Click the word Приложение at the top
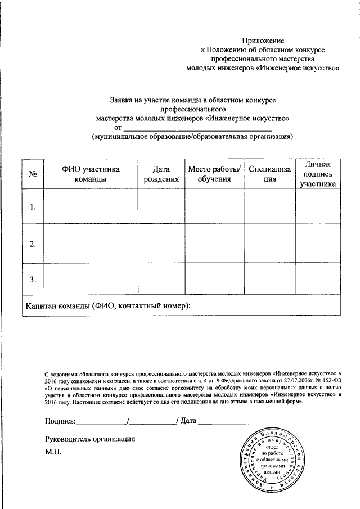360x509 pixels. [263, 40]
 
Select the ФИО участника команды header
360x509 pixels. [91, 174]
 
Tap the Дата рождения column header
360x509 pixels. [161, 174]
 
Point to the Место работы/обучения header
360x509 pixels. [214, 174]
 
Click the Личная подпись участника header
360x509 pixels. [318, 174]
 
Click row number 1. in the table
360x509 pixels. [33, 207]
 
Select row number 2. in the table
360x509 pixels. [33, 244]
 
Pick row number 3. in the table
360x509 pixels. [33, 279]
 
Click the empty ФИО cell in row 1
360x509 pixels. [91, 207]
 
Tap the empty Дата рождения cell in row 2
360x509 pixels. [161, 244]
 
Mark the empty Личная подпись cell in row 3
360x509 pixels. [318, 279]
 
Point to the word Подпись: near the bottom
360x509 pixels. [60, 421]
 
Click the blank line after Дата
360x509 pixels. [223, 421]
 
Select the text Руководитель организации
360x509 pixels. [90, 439]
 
